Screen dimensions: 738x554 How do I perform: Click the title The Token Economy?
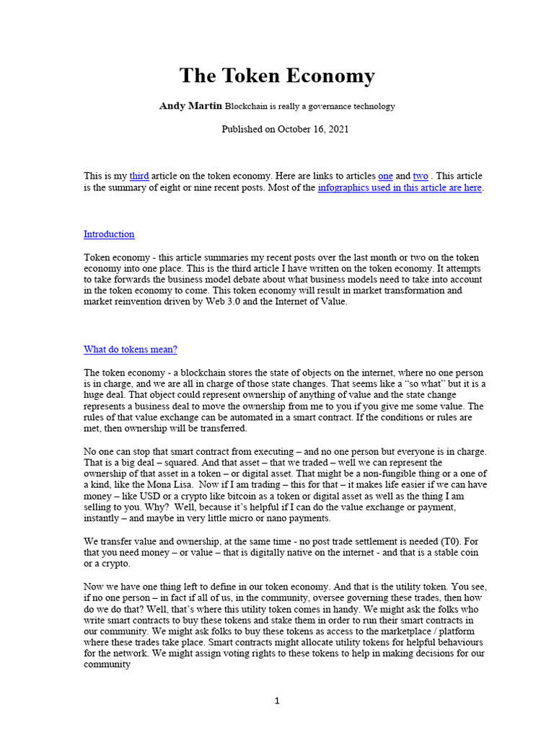[277, 76]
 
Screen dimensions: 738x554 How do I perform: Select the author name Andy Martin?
[190, 106]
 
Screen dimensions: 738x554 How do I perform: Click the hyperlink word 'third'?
[139, 176]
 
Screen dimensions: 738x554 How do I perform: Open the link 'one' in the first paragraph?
[385, 176]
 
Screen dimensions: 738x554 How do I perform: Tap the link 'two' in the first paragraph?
[420, 176]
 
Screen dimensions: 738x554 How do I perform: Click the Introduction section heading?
[109, 234]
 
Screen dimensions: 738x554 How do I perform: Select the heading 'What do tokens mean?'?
[131, 350]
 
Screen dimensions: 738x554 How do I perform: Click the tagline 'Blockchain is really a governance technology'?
[310, 107]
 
